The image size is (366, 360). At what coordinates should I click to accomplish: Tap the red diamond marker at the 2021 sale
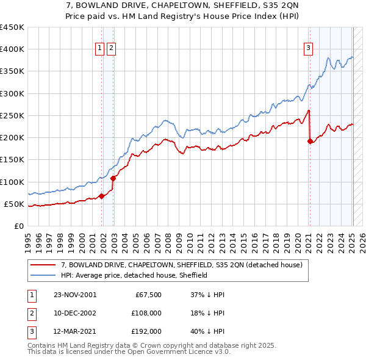click(x=310, y=141)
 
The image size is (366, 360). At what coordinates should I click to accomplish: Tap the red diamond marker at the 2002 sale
click(x=113, y=178)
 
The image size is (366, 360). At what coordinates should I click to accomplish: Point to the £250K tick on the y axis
click(x=13, y=115)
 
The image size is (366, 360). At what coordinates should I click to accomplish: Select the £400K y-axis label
click(x=13, y=49)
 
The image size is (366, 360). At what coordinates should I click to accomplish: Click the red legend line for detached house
click(x=43, y=265)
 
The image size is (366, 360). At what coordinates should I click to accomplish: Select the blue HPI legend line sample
click(x=43, y=275)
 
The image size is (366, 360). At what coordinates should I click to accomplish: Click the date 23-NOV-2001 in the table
click(x=76, y=295)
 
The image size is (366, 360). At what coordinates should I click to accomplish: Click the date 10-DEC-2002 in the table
click(x=76, y=313)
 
